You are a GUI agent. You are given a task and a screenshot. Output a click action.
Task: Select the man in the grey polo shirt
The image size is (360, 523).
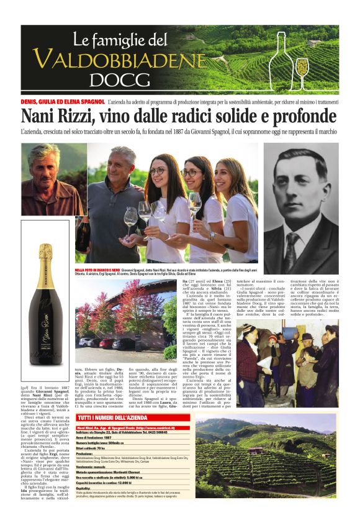click(121, 205)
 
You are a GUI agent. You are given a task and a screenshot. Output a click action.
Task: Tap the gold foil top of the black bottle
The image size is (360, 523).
click(45, 256)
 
